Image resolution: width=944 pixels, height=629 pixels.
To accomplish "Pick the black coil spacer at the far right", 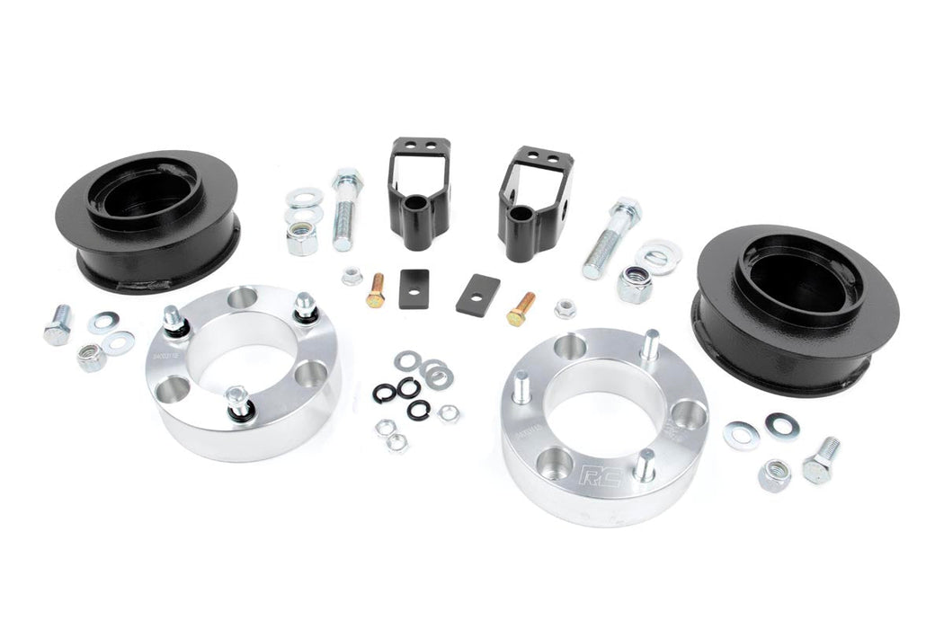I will click(x=796, y=306).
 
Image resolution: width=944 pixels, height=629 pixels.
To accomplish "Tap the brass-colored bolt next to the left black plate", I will click(x=376, y=290).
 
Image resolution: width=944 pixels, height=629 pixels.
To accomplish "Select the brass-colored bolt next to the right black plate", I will click(x=521, y=308).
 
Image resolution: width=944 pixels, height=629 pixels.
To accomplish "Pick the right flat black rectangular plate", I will click(x=476, y=294).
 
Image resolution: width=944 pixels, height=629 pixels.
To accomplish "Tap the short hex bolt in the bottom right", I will click(x=821, y=461).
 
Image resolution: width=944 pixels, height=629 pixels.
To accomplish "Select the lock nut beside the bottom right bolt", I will click(x=773, y=474).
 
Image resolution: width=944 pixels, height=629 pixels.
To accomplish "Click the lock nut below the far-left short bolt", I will click(x=91, y=358).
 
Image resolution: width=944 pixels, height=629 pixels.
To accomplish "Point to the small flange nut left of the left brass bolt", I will click(x=352, y=276).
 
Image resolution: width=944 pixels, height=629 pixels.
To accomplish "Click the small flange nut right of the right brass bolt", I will click(x=565, y=309).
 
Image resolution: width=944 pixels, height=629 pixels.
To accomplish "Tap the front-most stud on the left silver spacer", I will click(x=237, y=401).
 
